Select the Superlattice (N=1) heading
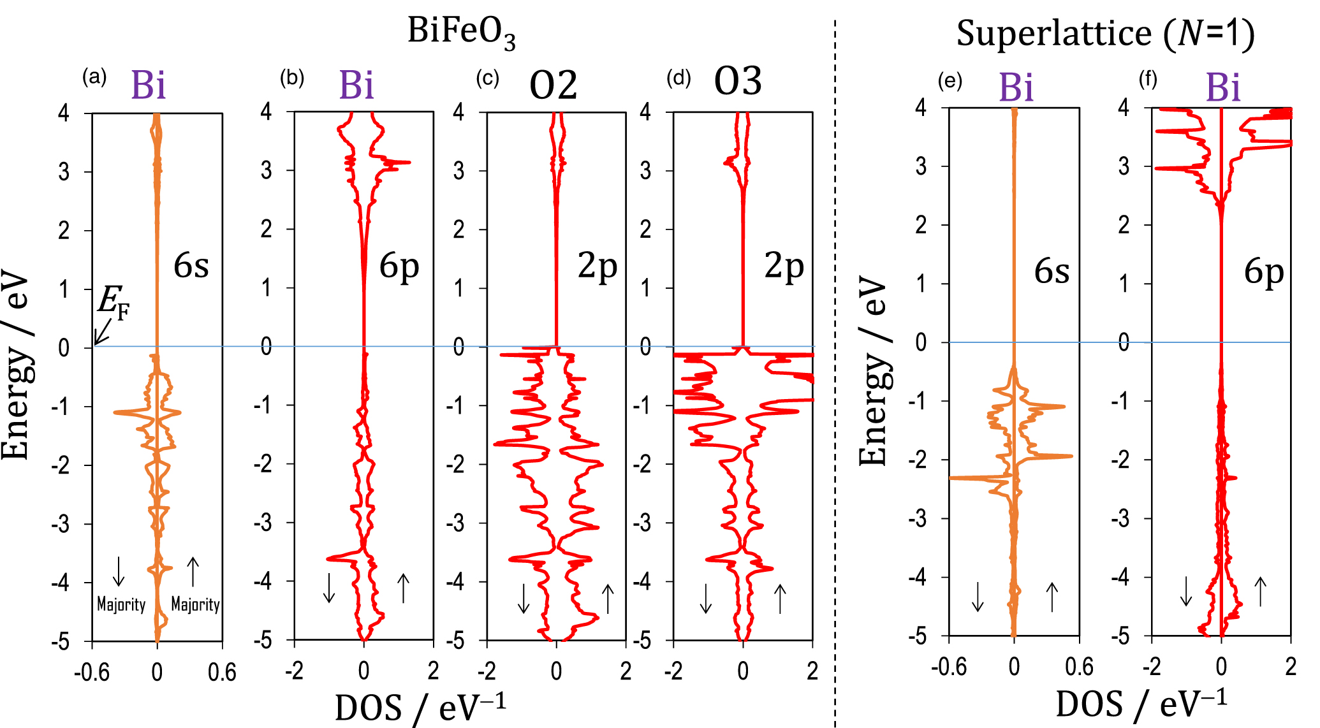[x=1105, y=34]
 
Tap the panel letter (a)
[x=94, y=78]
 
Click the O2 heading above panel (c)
[x=553, y=85]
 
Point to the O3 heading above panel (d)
[x=738, y=82]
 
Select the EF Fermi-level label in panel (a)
[x=113, y=301]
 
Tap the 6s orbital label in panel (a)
[x=191, y=266]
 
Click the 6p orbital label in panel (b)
[x=399, y=266]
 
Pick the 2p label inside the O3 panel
[x=784, y=266]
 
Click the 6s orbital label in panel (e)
[x=1052, y=272]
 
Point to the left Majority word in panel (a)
[x=121, y=604]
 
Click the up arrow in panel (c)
[x=608, y=599]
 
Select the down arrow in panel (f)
[x=1185, y=591]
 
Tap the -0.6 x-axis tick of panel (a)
[x=92, y=673]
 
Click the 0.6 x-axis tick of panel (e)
[x=1079, y=667]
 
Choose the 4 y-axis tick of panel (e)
[x=920, y=108]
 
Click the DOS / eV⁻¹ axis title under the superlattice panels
[x=1141, y=705]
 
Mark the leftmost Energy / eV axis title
[x=16, y=367]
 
